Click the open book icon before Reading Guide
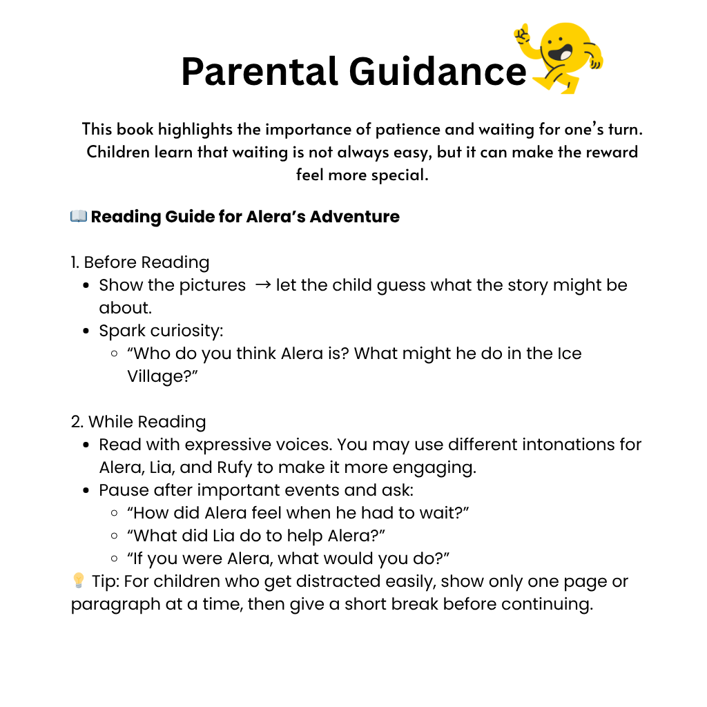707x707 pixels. coord(78,216)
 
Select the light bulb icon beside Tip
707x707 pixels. coord(78,581)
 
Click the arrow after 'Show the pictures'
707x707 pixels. coord(262,285)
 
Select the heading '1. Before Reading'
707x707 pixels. coord(140,262)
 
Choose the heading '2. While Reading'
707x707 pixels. coord(138,422)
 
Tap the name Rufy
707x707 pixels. coord(236,467)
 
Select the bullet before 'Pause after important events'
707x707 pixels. coord(86,491)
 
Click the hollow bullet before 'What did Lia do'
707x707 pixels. coord(114,536)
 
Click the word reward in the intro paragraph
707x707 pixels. coord(613,152)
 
